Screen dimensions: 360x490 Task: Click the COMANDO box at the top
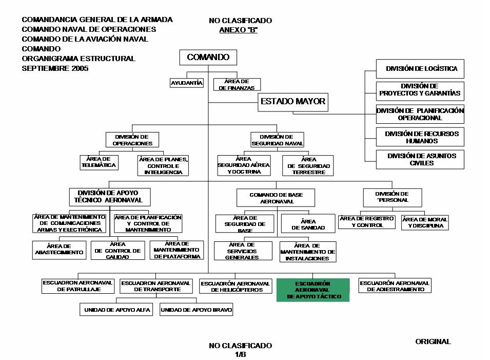(208, 58)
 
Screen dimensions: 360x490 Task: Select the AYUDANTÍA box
(187, 83)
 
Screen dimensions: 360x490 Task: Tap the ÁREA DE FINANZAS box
(237, 85)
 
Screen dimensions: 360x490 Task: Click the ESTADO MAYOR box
(293, 102)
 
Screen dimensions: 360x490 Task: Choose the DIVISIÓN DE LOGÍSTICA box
(420, 69)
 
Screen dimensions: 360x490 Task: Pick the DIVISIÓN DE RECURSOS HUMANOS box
(420, 137)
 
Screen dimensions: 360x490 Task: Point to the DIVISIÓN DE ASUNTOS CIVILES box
(420, 159)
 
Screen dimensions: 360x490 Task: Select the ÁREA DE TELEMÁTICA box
(99, 162)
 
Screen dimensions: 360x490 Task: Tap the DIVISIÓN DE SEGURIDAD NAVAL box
(277, 140)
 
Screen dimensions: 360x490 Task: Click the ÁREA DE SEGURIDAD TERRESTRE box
(308, 166)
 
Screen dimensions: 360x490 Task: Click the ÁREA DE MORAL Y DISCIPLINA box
(424, 222)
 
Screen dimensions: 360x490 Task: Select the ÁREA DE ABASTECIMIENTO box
(60, 250)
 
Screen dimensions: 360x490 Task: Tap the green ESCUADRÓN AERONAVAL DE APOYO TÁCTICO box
(313, 290)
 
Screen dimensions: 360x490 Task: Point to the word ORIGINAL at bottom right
(433, 342)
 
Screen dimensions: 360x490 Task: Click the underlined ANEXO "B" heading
(238, 30)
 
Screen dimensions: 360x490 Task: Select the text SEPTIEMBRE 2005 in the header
(55, 68)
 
